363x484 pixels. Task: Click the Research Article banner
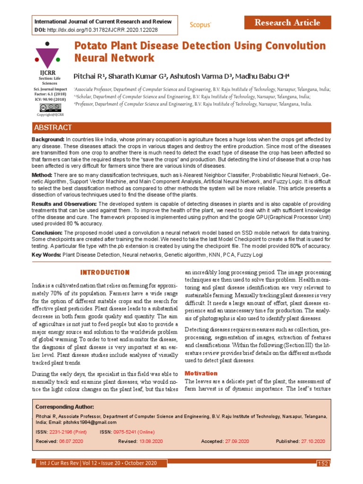[x=287, y=23]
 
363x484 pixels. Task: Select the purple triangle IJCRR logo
[x=47, y=56]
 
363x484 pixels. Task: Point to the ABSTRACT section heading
[x=53, y=128]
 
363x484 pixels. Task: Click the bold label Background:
[x=48, y=140]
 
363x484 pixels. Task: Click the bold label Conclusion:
[x=47, y=233]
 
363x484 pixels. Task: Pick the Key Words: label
[x=46, y=255]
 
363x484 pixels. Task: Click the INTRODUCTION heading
[x=104, y=273]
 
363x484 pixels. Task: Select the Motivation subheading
[x=201, y=373]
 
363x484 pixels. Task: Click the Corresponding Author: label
[x=65, y=407]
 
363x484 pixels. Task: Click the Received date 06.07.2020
[x=71, y=441]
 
